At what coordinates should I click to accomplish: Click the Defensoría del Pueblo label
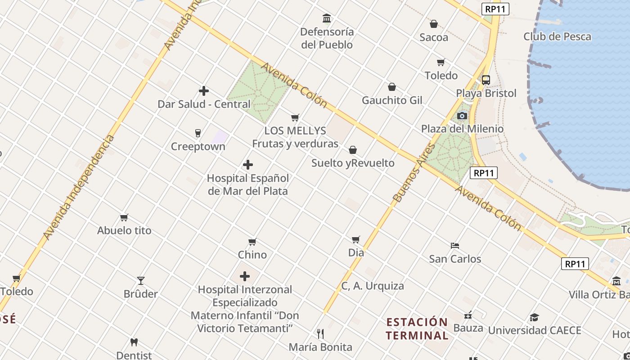coord(327,38)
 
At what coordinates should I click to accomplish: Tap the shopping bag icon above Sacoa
coord(434,24)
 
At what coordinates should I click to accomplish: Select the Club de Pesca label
coord(557,37)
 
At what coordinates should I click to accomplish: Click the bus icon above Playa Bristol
coord(486,80)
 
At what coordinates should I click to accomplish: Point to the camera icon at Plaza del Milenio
coord(462,116)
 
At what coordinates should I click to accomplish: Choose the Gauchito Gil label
coord(392,100)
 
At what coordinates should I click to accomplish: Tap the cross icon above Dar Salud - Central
coord(204,91)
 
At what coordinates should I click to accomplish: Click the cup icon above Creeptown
coord(198,133)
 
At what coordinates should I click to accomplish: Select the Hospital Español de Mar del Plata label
coord(247,184)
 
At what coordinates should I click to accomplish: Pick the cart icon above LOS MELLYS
coord(295,117)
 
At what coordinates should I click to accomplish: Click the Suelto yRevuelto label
coord(353,163)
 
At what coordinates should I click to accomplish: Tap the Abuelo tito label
coord(124,230)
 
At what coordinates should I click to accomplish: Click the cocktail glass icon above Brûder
coord(141,281)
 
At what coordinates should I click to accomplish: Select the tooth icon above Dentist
coord(134,342)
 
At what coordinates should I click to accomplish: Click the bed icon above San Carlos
coord(455,246)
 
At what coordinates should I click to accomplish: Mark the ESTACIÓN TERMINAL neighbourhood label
coord(417,328)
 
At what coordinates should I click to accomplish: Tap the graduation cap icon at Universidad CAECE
coord(534,317)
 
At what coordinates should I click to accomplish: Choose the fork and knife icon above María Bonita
coord(320,333)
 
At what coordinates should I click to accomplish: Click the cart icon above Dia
coord(356,239)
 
